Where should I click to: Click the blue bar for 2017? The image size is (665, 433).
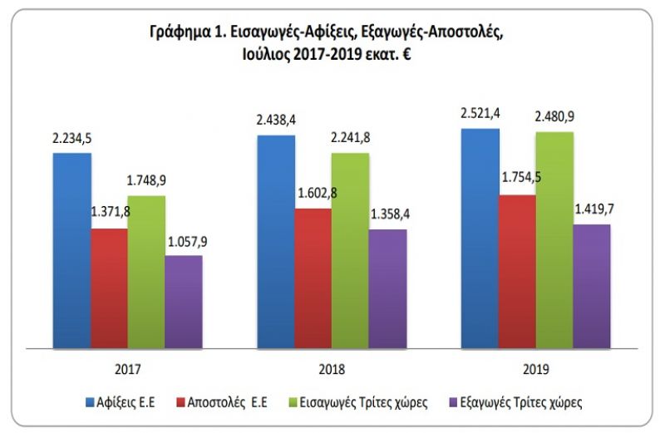[x=71, y=249]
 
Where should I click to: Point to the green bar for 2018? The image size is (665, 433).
[x=350, y=249]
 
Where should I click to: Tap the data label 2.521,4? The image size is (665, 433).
[x=481, y=112]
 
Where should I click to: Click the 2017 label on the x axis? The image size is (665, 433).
[x=128, y=368]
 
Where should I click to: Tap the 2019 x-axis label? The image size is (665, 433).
[x=535, y=368]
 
